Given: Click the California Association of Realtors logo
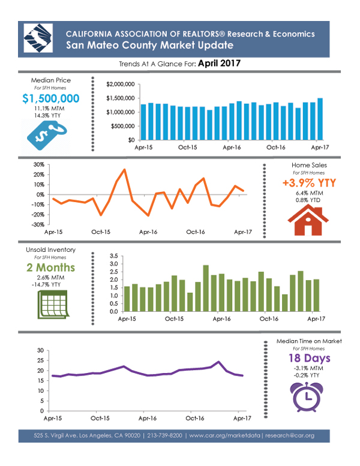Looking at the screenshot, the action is [38, 38].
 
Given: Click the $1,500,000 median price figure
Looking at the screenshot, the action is [51, 98].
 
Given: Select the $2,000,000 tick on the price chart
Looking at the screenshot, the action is [121, 85].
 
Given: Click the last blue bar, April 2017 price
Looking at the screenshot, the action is [320, 119].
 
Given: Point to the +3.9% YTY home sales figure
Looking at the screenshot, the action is [309, 183].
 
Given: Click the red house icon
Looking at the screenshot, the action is [308, 221].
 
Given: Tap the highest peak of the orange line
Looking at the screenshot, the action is [124, 169].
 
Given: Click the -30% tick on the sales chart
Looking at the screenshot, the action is [38, 225].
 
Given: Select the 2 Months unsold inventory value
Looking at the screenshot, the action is [50, 267].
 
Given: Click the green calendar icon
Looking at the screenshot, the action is [53, 305].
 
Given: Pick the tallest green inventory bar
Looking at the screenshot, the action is [206, 288].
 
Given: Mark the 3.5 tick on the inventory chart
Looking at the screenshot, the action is [114, 256].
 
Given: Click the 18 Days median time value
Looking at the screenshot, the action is [309, 358].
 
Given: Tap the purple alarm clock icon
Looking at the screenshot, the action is [307, 397].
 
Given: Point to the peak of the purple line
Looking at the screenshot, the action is [218, 362].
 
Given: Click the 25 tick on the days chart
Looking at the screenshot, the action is [40, 360].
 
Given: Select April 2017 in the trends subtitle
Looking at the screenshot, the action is [220, 64].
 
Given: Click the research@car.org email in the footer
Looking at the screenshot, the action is [290, 435].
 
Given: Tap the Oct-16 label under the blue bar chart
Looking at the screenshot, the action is [276, 148].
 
